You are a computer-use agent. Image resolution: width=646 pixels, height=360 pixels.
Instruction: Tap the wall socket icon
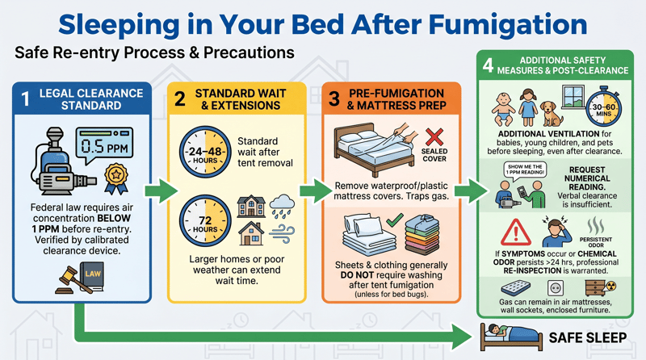point(555,288)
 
